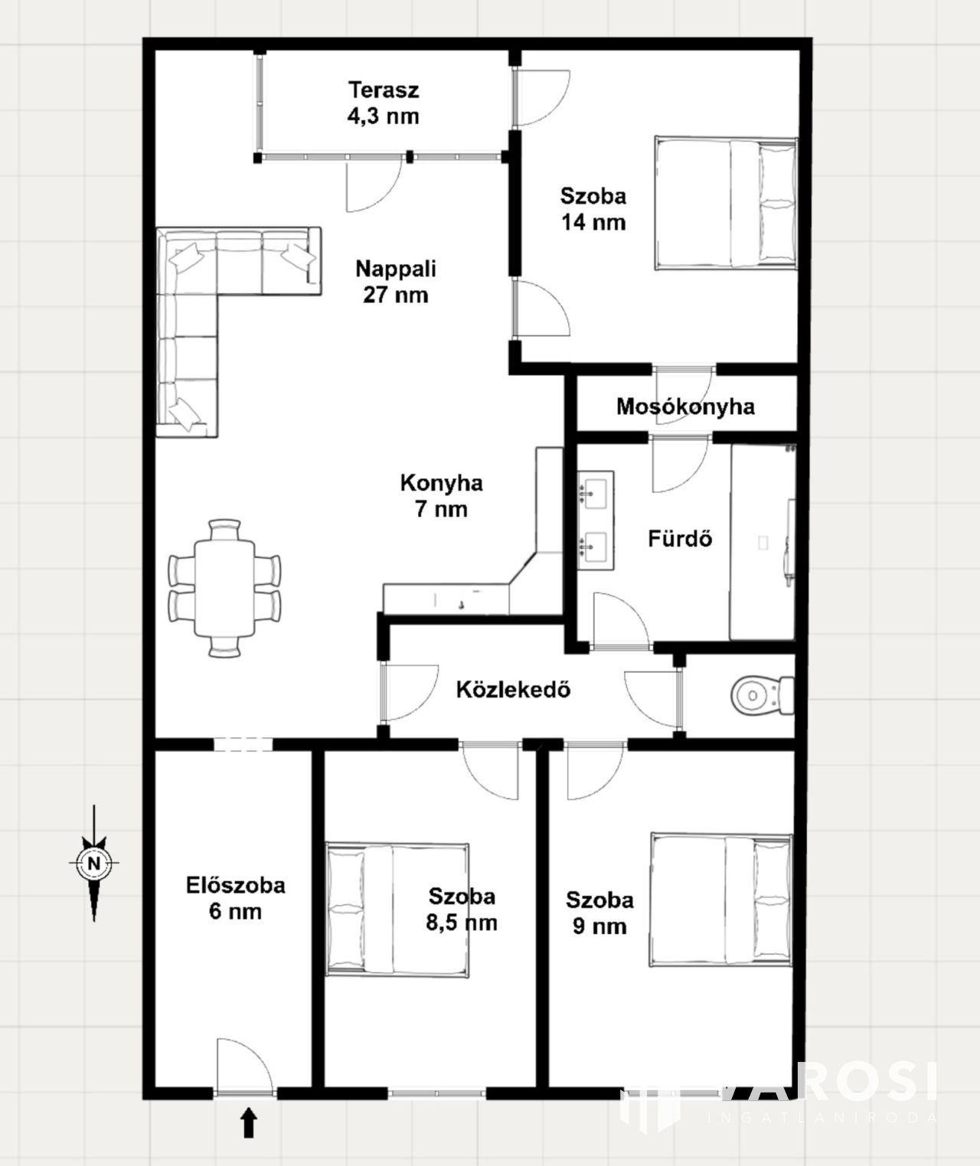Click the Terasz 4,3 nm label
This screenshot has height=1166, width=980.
pyautogui.click(x=383, y=103)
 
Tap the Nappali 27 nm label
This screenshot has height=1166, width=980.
pyautogui.click(x=396, y=282)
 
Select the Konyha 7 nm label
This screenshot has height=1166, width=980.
pyautogui.click(x=441, y=496)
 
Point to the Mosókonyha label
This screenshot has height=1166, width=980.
pyautogui.click(x=685, y=407)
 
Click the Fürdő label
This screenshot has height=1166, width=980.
pyautogui.click(x=680, y=538)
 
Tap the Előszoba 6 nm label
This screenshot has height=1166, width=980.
pyautogui.click(x=236, y=899)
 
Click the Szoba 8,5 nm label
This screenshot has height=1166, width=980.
pyautogui.click(x=462, y=910)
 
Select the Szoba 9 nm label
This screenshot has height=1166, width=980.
pyautogui.click(x=599, y=913)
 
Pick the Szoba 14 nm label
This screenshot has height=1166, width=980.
pyautogui.click(x=593, y=209)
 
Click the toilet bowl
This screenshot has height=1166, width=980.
pyautogui.click(x=763, y=695)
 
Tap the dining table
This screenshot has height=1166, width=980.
pyautogui.click(x=224, y=588)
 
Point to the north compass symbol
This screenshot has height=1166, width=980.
pyautogui.click(x=94, y=863)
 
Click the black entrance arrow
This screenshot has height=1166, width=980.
pyautogui.click(x=249, y=1122)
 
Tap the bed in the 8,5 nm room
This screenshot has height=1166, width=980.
pyautogui.click(x=397, y=910)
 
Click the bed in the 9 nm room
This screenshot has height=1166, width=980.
pyautogui.click(x=721, y=900)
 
